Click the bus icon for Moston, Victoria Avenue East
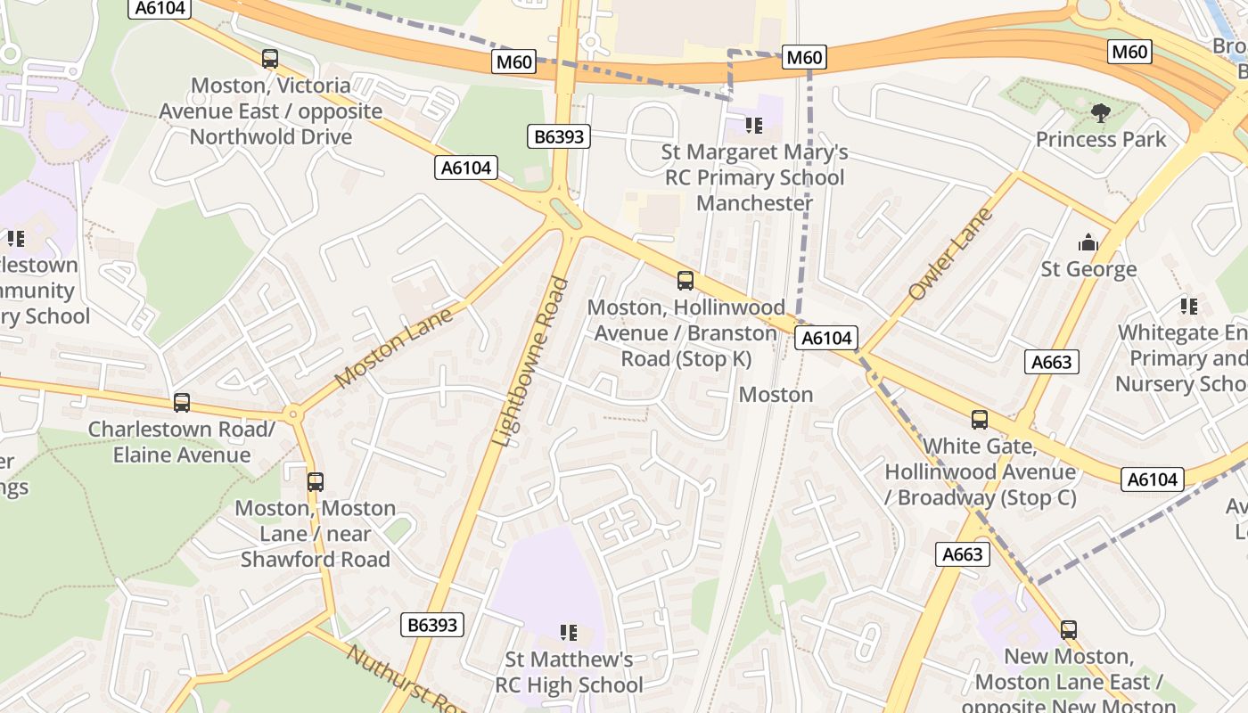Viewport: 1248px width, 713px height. tap(269, 59)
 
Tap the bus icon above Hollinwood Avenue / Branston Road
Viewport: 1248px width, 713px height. tap(685, 281)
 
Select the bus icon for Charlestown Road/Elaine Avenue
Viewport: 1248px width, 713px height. tap(182, 403)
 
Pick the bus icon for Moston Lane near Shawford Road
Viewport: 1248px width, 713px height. tap(315, 482)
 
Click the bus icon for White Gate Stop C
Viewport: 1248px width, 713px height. tap(979, 420)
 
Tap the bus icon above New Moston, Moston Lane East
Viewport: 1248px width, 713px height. tap(1068, 630)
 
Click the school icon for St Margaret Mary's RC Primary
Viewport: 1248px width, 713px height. tap(754, 126)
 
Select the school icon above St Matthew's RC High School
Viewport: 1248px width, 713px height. tap(568, 633)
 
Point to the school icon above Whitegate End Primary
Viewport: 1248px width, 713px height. tap(1188, 307)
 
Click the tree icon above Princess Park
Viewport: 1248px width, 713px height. tap(1100, 113)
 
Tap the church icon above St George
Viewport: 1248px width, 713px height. tap(1088, 242)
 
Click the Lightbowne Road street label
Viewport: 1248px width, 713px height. tap(531, 362)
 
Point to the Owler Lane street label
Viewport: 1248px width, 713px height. tap(949, 254)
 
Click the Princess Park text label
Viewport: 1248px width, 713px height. tap(1100, 140)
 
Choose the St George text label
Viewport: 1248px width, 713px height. tap(1088, 269)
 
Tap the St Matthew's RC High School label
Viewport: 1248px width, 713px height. tap(569, 672)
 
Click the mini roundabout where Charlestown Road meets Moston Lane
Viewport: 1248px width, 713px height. tap(292, 414)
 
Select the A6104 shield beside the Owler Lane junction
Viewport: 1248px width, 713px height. tap(827, 338)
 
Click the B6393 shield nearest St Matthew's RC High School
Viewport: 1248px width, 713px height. tap(432, 625)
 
